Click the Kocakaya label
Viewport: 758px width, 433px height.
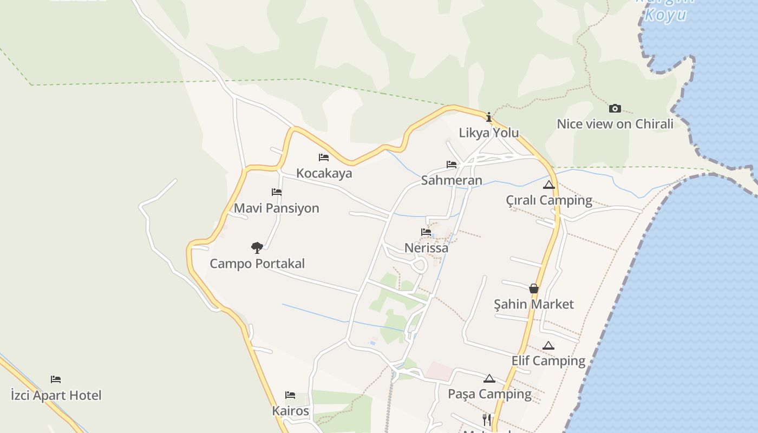tap(324, 173)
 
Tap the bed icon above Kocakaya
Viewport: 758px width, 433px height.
tap(324, 158)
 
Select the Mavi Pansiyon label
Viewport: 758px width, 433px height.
tap(276, 208)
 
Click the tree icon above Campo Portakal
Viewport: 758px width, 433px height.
tap(257, 248)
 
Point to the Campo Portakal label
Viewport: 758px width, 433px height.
tap(257, 264)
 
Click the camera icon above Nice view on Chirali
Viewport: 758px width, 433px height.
tap(615, 108)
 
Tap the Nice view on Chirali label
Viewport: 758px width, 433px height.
tap(615, 124)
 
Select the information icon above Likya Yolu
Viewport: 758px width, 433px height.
tap(489, 117)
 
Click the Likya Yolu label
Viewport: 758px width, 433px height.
tap(489, 133)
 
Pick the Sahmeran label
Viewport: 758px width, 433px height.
tap(452, 180)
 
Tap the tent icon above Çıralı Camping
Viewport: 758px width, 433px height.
tap(549, 185)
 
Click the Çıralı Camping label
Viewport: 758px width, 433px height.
tap(549, 200)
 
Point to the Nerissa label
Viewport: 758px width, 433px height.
tap(426, 248)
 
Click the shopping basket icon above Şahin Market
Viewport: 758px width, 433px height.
tap(534, 288)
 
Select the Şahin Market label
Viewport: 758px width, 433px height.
tap(533, 304)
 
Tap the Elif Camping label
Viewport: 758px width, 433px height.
tap(548, 360)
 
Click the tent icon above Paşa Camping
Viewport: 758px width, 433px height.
tap(489, 378)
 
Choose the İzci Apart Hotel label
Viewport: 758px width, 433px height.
tap(56, 395)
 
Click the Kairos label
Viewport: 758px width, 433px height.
tap(290, 411)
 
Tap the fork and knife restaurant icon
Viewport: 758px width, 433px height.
tap(487, 419)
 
